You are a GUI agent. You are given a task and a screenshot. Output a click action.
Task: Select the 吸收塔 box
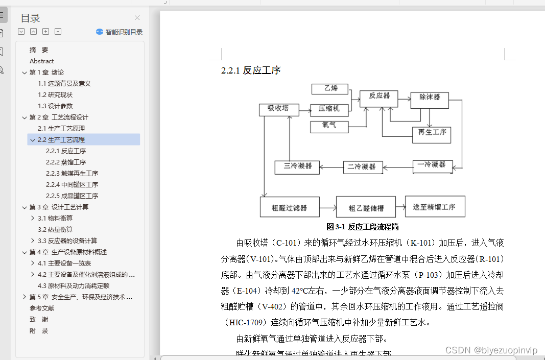pos(278,109)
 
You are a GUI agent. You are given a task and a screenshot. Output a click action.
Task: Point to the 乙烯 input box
pos(330,89)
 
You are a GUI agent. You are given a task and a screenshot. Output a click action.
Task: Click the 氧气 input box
pos(329,126)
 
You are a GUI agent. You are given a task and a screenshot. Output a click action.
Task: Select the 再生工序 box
pos(432,133)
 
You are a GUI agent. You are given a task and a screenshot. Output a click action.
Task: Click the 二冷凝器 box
pos(362,166)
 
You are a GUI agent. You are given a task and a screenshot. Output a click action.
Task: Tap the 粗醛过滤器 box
pos(290,207)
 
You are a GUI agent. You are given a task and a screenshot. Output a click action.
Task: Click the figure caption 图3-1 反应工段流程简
pos(363,227)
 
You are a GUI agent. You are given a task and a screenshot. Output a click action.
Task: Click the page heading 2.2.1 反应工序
pos(251,70)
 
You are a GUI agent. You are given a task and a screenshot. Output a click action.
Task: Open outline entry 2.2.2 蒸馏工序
pos(66,162)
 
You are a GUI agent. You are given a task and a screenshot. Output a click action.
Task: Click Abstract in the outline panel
pos(41,61)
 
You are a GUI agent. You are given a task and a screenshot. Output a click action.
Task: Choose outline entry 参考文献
pos(42,308)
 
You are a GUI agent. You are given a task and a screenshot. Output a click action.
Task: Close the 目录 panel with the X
pos(137,18)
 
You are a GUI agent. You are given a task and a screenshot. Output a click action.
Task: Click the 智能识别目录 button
pos(120,32)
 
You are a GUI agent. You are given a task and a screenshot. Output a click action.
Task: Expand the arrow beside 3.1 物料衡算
pos(33,218)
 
